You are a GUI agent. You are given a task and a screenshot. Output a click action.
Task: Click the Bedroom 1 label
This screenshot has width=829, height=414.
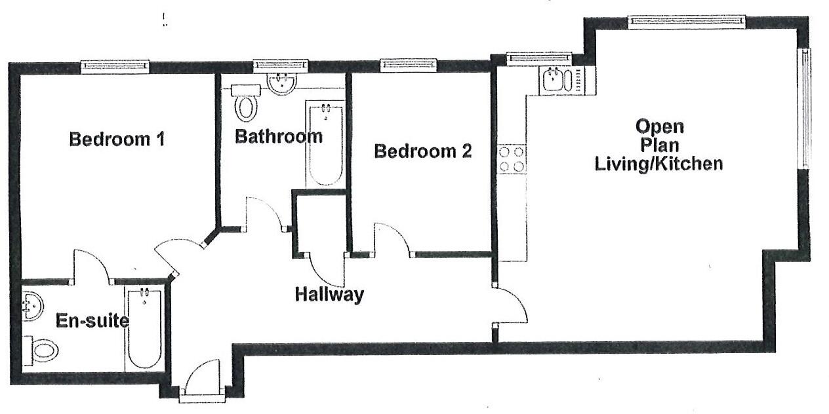117,140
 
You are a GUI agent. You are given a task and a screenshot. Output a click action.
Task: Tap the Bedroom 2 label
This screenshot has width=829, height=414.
422,152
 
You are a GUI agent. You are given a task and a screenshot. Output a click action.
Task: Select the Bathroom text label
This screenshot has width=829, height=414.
279,137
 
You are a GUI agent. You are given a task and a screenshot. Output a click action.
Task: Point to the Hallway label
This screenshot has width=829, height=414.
329,295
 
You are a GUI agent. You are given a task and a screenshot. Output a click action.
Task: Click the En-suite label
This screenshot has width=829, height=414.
92,321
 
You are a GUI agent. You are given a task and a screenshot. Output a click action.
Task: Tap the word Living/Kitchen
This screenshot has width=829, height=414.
658,164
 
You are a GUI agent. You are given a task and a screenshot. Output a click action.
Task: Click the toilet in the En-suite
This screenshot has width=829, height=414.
42,349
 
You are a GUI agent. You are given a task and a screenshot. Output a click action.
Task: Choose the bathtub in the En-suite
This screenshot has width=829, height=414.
144,329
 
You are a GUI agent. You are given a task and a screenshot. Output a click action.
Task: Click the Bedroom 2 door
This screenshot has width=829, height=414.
392,240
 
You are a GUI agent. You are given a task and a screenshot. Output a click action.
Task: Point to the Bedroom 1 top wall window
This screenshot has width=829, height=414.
115,66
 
